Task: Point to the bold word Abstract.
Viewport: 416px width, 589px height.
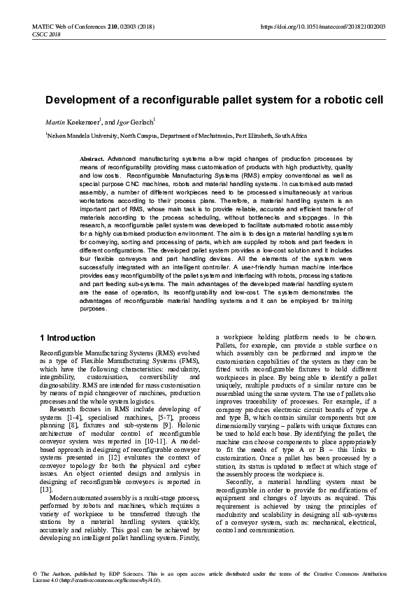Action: coord(92,159)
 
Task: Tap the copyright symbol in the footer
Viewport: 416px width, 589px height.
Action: coord(35,573)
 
